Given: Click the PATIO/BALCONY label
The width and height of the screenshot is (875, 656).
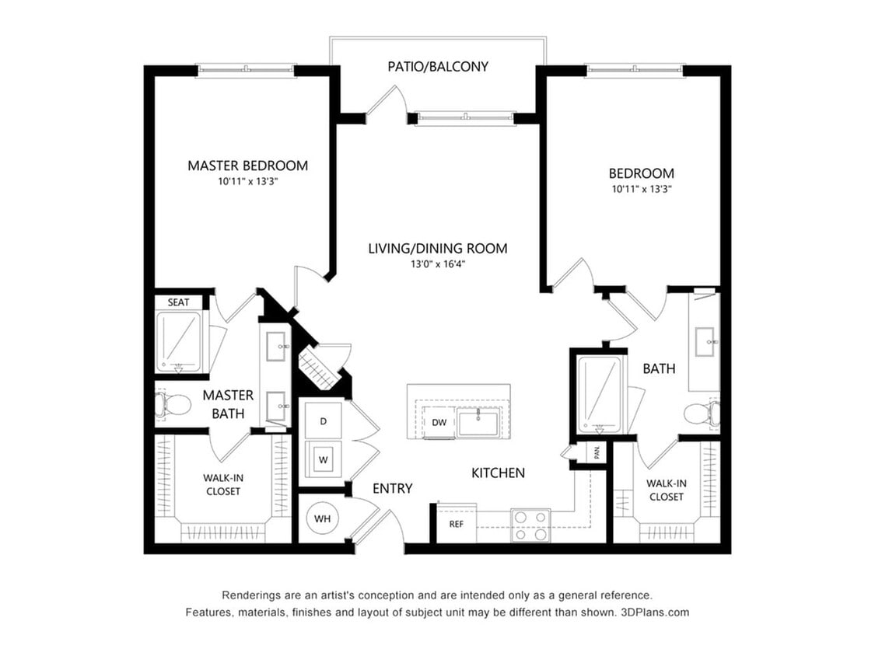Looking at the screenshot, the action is (x=438, y=66).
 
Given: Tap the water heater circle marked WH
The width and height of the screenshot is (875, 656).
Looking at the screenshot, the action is (x=323, y=518).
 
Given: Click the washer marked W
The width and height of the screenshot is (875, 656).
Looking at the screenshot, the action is (x=323, y=459).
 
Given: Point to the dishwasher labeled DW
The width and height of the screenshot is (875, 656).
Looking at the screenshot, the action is (x=439, y=422).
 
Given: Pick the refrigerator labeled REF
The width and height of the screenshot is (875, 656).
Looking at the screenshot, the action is (x=457, y=524).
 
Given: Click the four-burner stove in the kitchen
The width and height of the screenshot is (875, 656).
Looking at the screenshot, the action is (x=530, y=526).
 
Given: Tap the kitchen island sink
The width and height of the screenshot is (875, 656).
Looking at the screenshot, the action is (x=478, y=421).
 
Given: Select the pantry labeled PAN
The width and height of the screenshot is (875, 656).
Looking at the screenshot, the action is (x=596, y=452).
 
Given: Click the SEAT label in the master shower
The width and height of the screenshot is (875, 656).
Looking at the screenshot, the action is (x=179, y=302).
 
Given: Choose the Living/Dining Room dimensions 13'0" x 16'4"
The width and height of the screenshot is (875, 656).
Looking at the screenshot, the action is (x=438, y=264).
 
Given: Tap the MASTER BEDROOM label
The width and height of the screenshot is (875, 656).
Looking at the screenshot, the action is (x=248, y=166).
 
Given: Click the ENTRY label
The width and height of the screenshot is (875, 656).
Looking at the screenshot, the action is (x=392, y=489).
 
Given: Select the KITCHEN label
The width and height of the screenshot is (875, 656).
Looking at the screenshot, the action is (x=499, y=473).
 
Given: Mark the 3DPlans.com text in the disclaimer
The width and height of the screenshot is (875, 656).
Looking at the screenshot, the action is (x=655, y=612).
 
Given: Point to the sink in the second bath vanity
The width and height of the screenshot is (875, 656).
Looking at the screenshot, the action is (x=706, y=341).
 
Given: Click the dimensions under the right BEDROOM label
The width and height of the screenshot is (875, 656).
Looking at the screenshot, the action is (x=642, y=189).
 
